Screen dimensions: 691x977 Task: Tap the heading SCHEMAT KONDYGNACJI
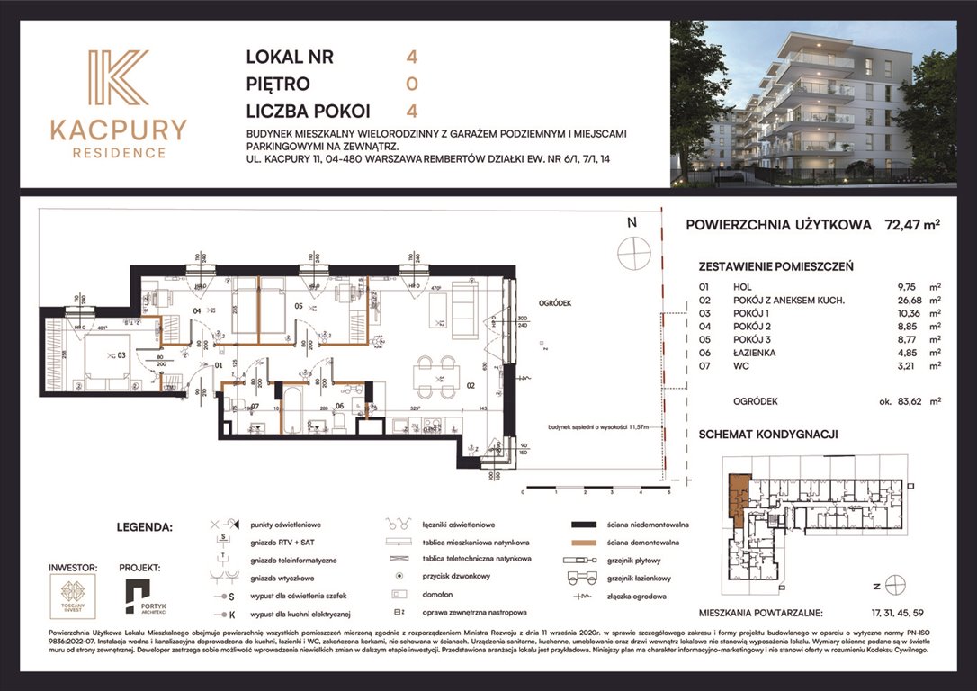click(768, 434)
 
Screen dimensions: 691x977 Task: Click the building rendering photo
click(813, 103)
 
